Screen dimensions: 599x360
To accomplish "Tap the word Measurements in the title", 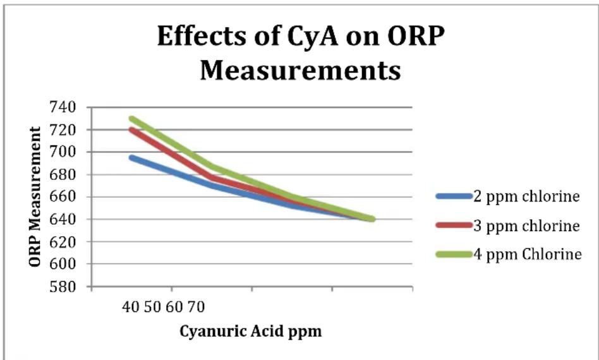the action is tap(300, 70).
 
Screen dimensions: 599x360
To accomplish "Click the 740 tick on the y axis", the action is tap(63, 107).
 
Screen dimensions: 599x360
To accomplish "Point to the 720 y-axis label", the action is tap(63, 130).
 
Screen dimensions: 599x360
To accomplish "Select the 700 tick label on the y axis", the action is tap(63, 152).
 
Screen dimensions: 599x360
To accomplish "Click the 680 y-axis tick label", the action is tap(63, 174).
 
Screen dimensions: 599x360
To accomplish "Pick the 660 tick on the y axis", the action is tap(63, 197).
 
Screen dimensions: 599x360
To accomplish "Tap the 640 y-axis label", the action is tap(63, 219).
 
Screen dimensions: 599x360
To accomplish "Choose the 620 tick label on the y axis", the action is tap(63, 242).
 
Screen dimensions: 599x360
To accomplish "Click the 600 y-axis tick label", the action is tap(63, 264).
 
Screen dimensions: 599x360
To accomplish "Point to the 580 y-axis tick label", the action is tap(63, 286).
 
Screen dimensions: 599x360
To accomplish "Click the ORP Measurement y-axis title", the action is tap(35, 197).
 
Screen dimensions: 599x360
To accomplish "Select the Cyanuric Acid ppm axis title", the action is tap(251, 331).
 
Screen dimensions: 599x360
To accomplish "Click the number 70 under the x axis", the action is tap(196, 306).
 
